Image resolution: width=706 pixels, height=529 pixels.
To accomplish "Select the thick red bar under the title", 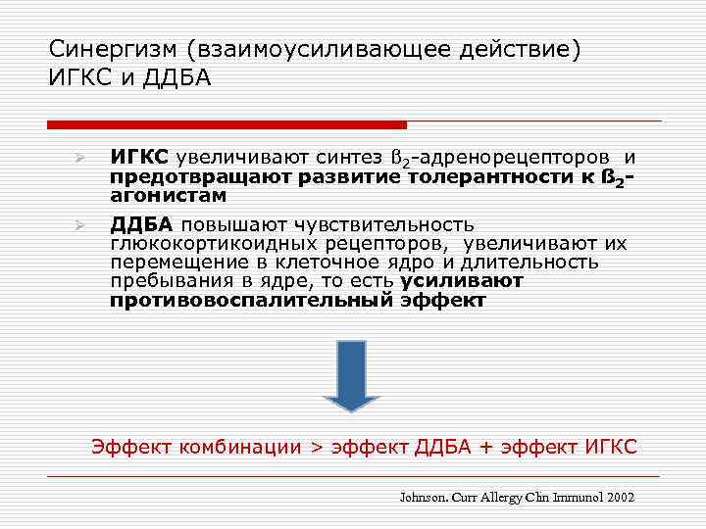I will [x=227, y=124].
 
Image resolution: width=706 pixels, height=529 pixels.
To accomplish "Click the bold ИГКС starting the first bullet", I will [x=139, y=157].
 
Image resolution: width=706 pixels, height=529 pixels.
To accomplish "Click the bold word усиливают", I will [x=462, y=281].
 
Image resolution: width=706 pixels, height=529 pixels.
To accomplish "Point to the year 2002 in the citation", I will [x=620, y=497].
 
